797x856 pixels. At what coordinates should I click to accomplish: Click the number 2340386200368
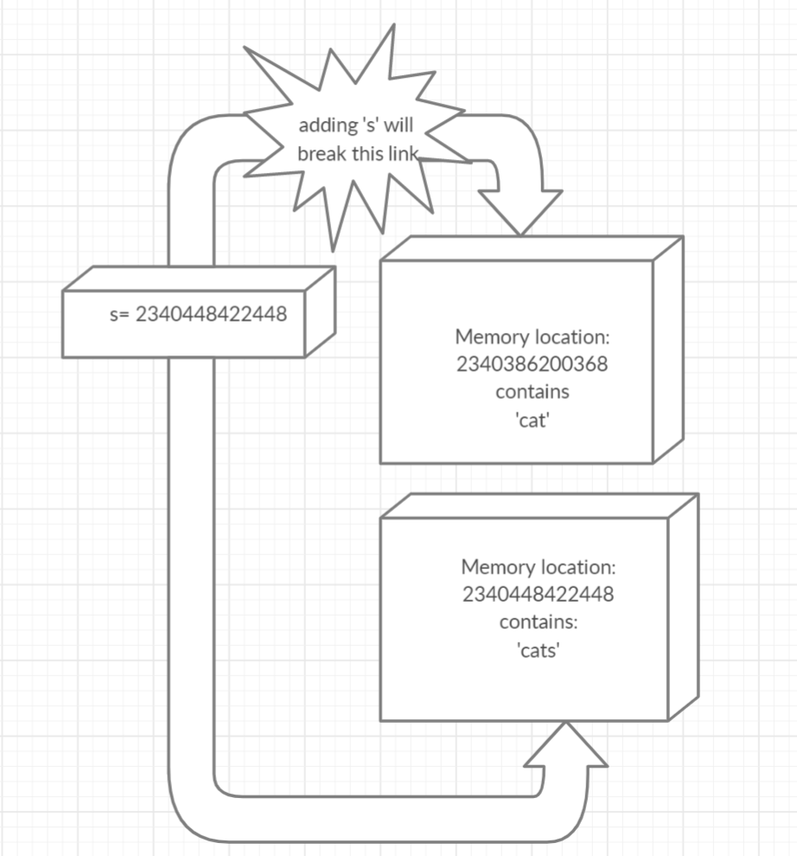[x=532, y=364]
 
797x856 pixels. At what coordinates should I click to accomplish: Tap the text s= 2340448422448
[x=198, y=314]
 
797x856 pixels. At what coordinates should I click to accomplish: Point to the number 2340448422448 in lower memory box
[x=538, y=595]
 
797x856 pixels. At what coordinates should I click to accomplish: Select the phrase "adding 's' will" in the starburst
[x=356, y=125]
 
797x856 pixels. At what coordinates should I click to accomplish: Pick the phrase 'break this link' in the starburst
[x=358, y=154]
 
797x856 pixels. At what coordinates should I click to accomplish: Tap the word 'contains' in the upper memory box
[x=532, y=392]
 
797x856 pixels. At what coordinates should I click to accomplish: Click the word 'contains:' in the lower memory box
[x=538, y=623]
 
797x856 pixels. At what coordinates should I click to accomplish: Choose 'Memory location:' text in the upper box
[x=532, y=335]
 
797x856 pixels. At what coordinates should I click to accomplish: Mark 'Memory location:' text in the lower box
[x=538, y=567]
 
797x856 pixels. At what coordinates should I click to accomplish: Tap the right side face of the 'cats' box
[x=682, y=605]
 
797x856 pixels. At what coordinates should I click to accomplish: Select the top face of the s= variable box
[x=199, y=278]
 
